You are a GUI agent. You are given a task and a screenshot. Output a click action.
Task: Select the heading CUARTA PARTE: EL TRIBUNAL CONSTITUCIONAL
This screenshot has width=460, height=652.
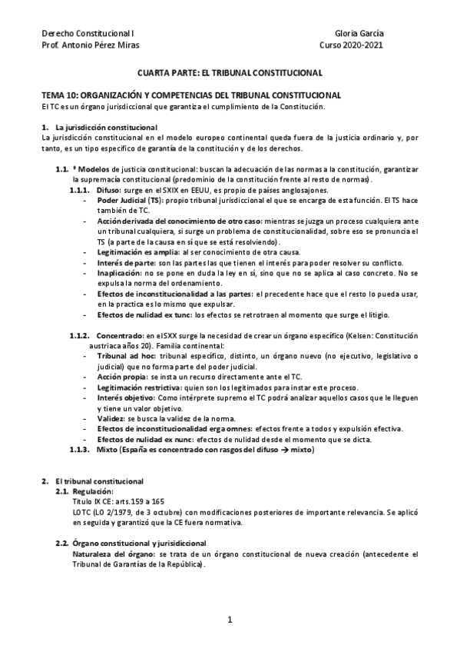tap(230, 73)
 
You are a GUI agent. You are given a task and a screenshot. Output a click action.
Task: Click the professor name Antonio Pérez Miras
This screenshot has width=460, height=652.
tap(88, 45)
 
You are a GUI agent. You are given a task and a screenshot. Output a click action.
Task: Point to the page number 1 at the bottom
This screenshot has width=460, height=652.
tap(230, 619)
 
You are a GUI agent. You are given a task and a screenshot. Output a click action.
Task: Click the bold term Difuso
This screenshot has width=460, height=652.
tap(108, 191)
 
